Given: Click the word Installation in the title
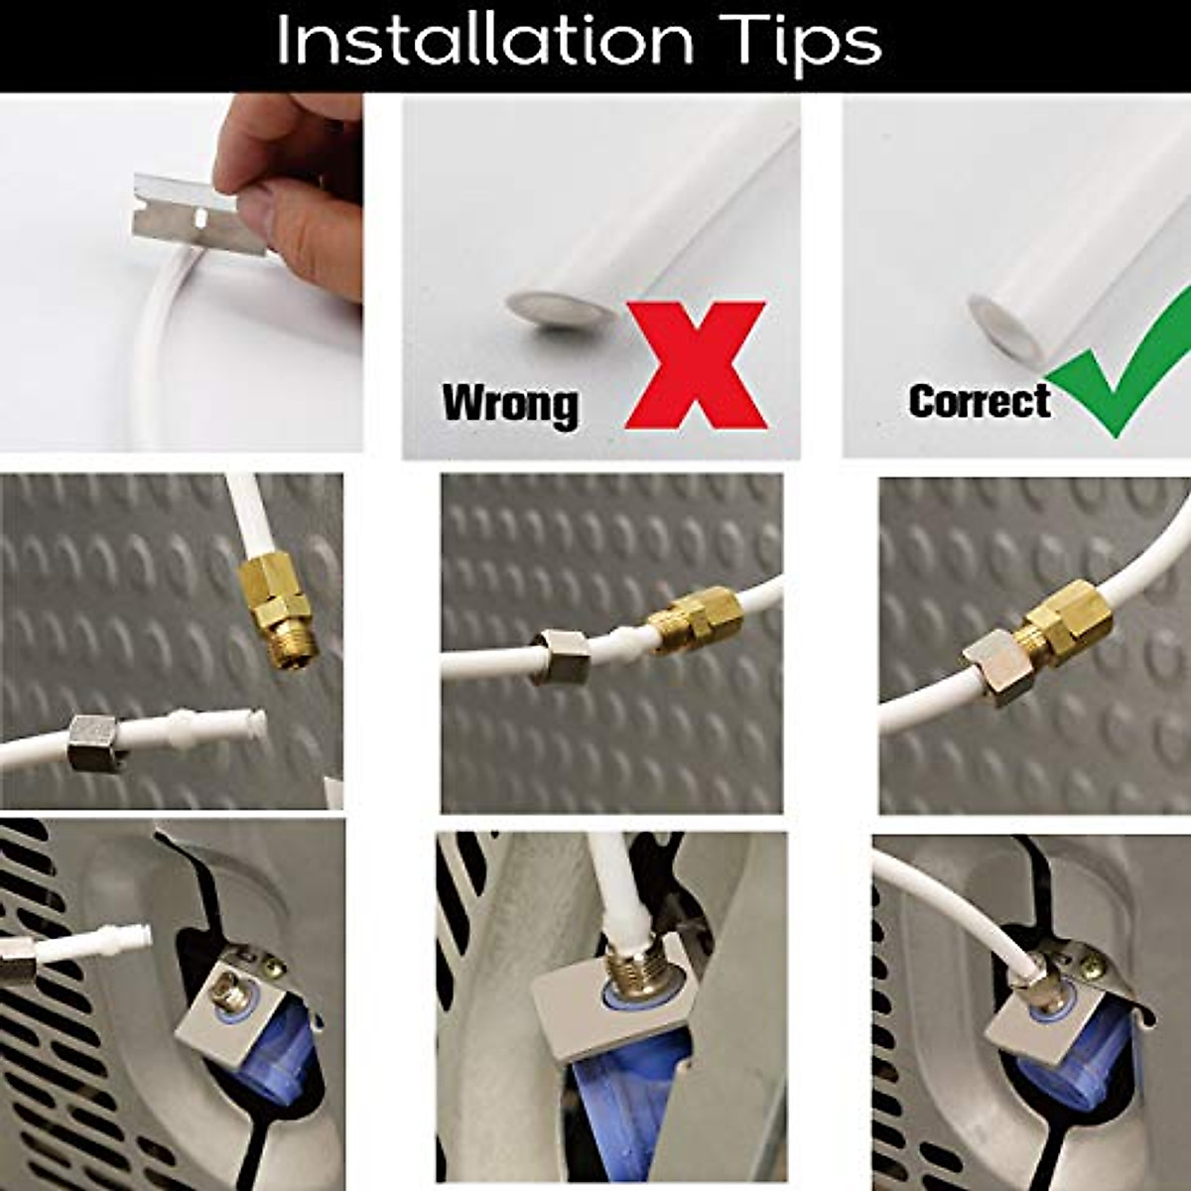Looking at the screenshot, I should (x=484, y=42).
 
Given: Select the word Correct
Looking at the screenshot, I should (x=979, y=401).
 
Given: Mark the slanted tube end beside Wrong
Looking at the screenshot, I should (x=561, y=310).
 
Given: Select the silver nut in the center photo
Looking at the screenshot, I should (x=560, y=658).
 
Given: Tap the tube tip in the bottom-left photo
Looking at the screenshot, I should (x=140, y=936).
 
